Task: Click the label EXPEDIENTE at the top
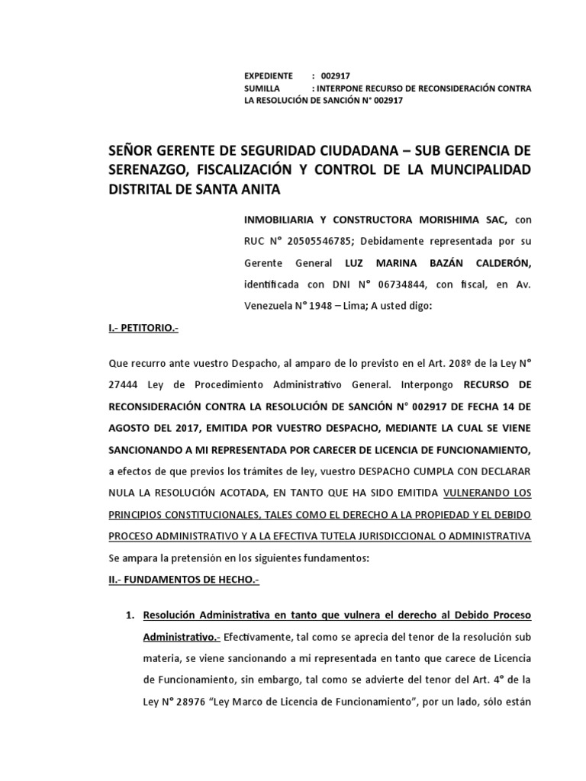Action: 268,76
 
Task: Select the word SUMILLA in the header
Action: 262,88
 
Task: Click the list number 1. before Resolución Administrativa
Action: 130,615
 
